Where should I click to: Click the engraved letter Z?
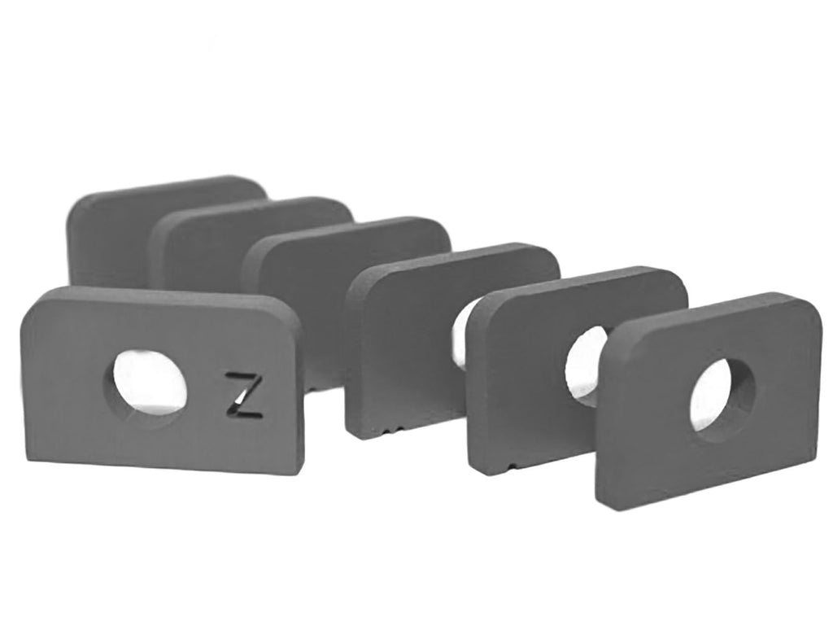coord(244,396)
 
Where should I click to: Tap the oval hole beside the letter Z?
coord(149,383)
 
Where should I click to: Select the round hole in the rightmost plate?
coord(722,396)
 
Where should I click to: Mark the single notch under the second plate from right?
coord(510,466)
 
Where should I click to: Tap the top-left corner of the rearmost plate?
coord(79,204)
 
